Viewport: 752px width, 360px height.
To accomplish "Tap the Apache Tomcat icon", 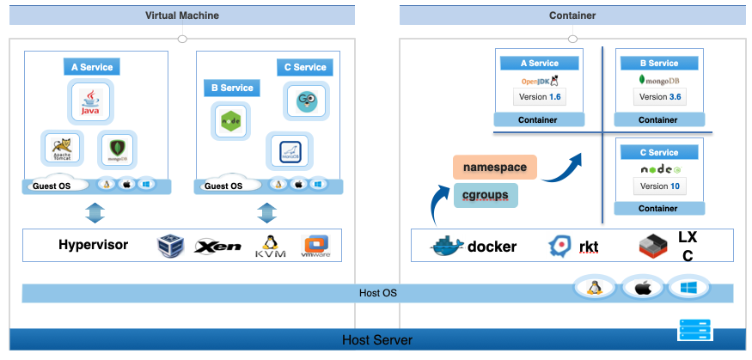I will click(62, 149).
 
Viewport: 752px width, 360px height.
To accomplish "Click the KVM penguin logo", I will click(270, 247).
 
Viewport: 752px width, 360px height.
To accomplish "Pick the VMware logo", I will click(316, 247).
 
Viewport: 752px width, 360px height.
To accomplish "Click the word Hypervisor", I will click(94, 245).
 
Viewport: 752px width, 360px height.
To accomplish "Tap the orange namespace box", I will click(494, 167).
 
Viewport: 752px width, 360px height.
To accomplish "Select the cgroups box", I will click(486, 195).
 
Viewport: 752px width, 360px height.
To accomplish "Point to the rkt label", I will click(589, 247).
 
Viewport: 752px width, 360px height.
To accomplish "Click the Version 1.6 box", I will click(539, 97).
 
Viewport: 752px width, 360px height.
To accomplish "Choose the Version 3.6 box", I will click(659, 97).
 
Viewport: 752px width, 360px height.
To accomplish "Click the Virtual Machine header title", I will click(182, 15).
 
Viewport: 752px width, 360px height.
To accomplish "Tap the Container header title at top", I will click(572, 15).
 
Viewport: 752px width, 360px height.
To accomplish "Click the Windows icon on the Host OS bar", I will click(689, 287).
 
